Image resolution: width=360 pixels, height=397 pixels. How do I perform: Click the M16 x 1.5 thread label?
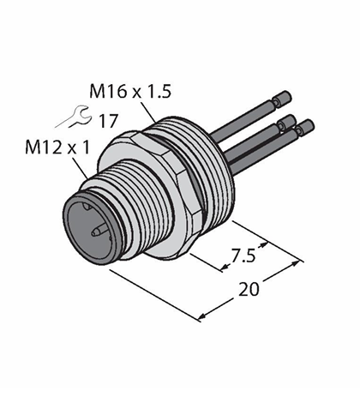tap(130, 91)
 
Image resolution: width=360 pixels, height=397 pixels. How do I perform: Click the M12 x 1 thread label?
tap(57, 147)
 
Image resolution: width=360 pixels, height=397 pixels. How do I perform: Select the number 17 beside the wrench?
tap(108, 121)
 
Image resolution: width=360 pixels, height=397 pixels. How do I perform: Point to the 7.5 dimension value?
tap(243, 256)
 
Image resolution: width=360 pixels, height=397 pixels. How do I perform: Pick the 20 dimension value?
tap(249, 289)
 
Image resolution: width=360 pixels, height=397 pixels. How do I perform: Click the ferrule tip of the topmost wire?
tap(282, 99)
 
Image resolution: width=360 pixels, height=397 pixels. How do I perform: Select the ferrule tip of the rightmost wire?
tap(305, 127)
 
